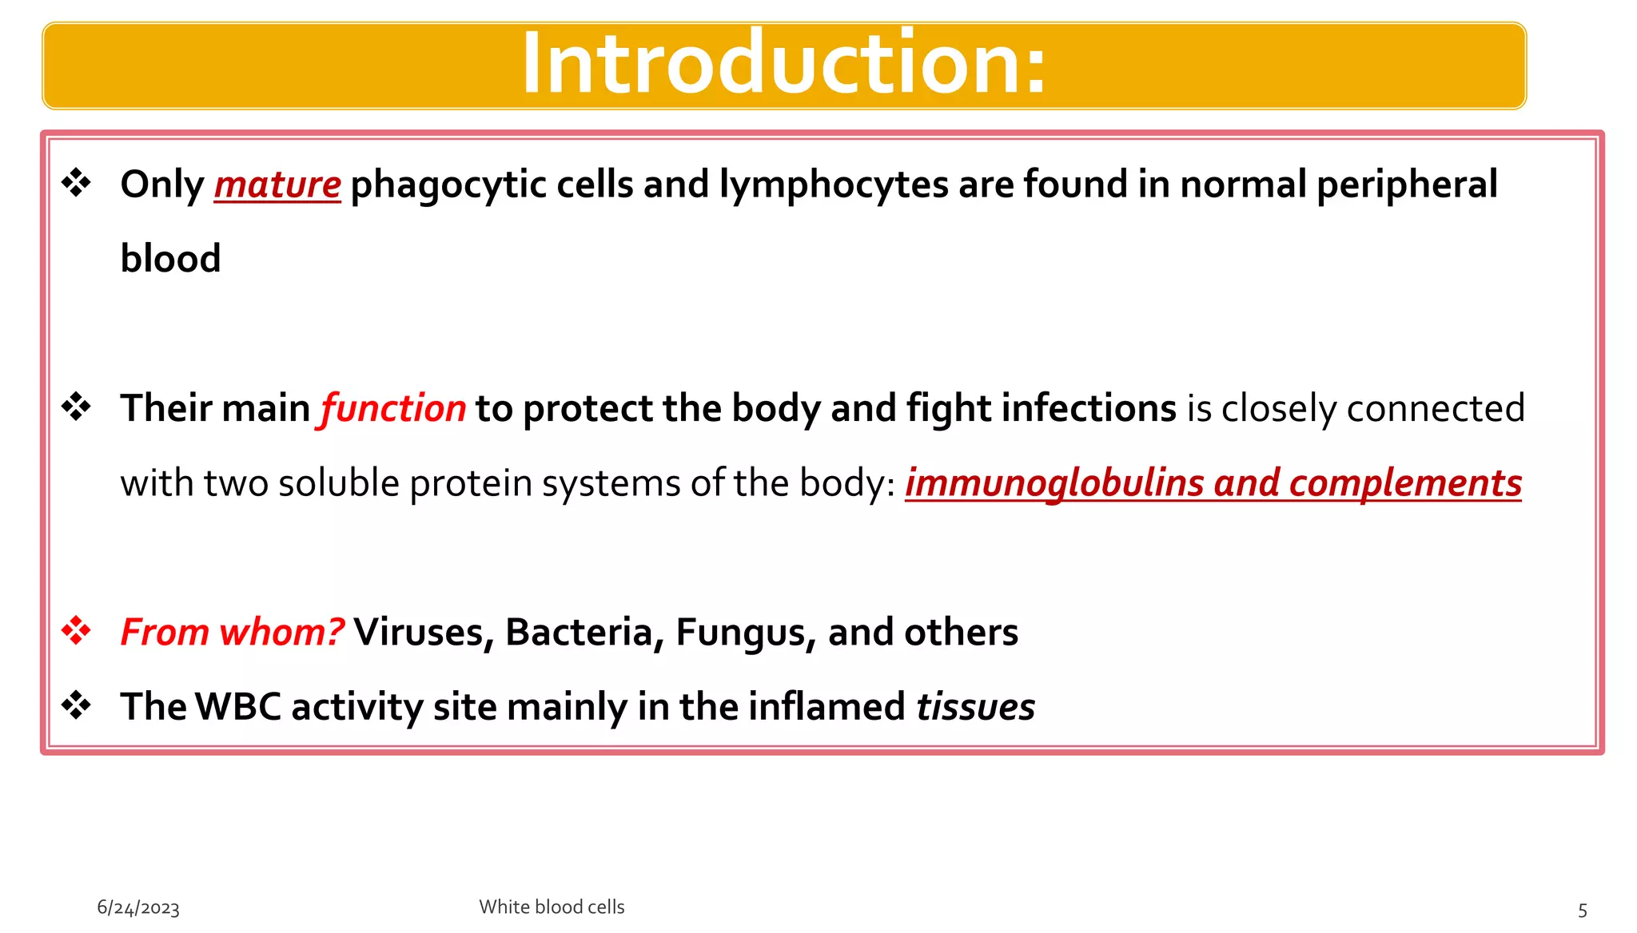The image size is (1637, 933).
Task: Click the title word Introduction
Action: point(783,64)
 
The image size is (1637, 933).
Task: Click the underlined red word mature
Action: point(277,185)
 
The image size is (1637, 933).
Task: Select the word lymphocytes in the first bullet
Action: point(834,185)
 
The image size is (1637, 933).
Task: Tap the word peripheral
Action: point(1407,185)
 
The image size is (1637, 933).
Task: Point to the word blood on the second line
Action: point(170,259)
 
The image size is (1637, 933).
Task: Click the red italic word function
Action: point(392,409)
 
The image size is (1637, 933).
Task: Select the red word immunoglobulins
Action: point(1054,483)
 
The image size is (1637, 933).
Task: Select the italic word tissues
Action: point(975,707)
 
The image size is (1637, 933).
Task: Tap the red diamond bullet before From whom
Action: point(77,631)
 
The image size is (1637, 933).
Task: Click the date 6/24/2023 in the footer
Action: point(138,908)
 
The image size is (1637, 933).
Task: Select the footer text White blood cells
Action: point(552,907)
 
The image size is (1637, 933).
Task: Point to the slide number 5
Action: point(1583,910)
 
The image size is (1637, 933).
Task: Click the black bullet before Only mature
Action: point(77,184)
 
